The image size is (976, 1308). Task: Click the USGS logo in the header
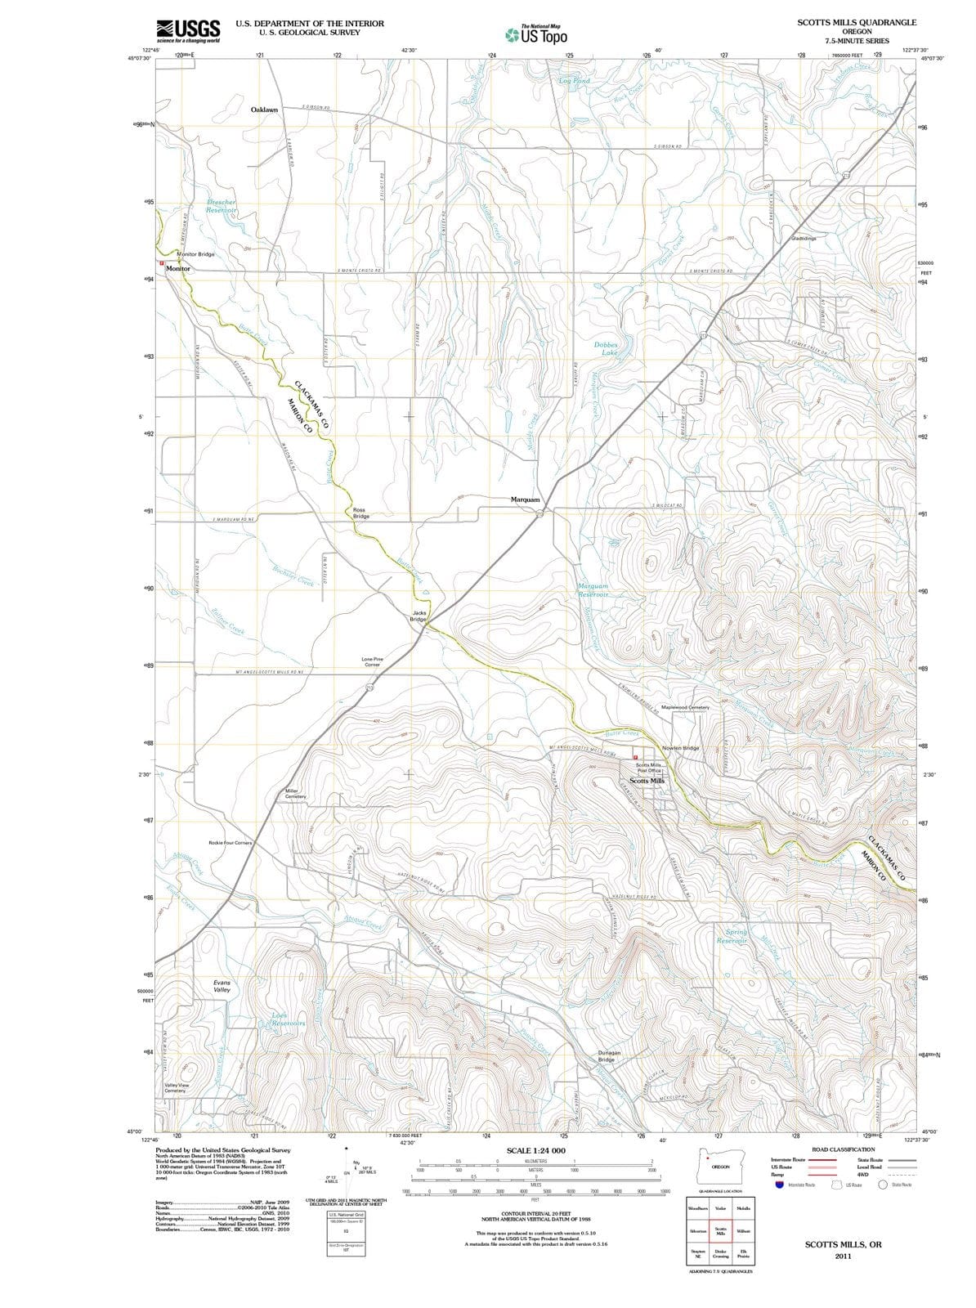click(188, 30)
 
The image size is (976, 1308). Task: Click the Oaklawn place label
click(264, 110)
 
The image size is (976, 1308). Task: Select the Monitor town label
click(177, 268)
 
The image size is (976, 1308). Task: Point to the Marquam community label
click(525, 499)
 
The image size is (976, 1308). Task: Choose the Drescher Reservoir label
click(221, 206)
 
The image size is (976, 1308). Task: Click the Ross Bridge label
click(360, 513)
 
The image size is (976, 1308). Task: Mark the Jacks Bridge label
click(419, 616)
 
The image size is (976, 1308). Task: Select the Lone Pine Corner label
click(372, 661)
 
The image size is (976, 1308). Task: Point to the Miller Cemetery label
click(295, 794)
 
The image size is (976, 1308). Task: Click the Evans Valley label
click(222, 986)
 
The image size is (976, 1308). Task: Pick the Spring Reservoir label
click(732, 936)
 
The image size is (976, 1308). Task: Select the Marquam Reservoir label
click(593, 590)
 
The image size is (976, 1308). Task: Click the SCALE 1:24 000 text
click(535, 1150)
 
